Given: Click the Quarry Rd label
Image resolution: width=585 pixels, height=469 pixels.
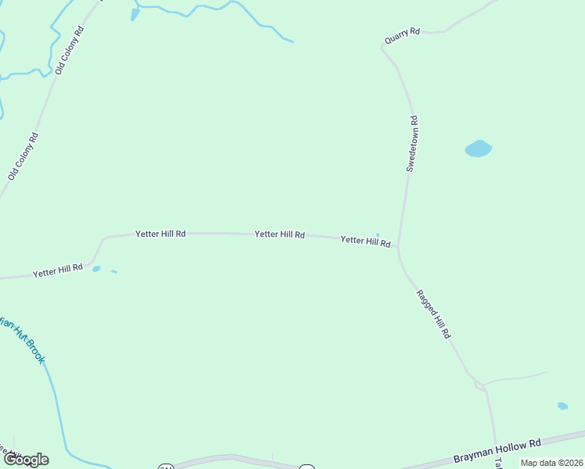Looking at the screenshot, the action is pos(402,36).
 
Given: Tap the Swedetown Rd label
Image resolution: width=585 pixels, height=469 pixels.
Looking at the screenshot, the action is pos(412,144).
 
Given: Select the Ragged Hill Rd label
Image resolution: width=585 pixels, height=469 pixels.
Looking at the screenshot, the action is pos(433,314).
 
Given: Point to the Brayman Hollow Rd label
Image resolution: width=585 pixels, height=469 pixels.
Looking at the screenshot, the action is pos(497,451).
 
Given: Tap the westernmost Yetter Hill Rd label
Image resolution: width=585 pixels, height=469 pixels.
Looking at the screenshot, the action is pos(58,270).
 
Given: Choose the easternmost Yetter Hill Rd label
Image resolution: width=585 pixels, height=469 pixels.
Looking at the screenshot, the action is pos(365,242).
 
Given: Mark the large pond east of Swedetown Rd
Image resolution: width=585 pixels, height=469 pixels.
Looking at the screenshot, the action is pos(478,148).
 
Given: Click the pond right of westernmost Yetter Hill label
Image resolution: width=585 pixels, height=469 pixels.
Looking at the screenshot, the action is pos(96,269).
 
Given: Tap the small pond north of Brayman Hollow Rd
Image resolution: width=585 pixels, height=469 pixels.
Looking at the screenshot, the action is pos(562,406).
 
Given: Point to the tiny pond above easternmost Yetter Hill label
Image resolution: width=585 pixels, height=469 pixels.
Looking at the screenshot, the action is pos(378,234).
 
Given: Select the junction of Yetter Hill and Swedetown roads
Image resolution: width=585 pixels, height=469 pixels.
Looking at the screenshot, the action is pos(398,248).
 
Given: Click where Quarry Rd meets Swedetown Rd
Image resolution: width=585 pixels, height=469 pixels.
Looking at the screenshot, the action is pos(383,45).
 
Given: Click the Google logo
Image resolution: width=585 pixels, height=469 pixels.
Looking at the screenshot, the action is pos(26,460).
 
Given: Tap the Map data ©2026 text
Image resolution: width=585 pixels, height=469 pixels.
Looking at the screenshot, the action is pos(551,463).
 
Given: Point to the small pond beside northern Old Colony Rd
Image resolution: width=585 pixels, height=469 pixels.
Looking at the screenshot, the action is pos(135,13).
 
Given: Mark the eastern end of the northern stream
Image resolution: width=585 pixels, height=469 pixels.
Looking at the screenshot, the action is pos(292,41).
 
